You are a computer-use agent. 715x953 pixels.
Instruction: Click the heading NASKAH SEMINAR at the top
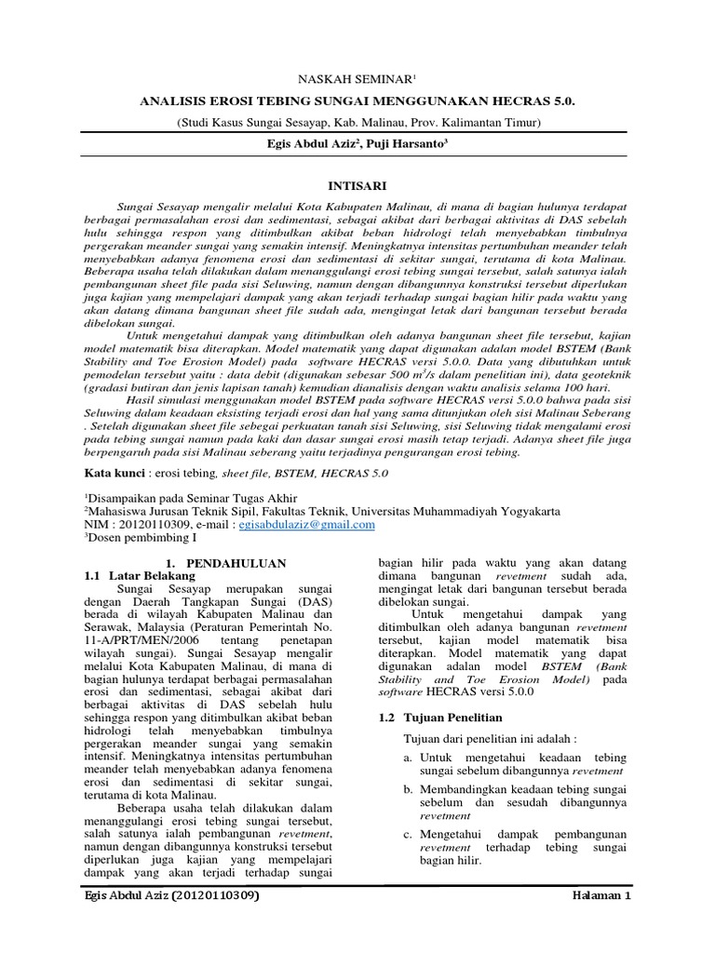tap(357, 82)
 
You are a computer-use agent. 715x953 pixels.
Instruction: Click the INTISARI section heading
tap(357, 185)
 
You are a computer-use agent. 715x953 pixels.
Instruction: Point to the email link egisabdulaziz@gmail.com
tap(306, 524)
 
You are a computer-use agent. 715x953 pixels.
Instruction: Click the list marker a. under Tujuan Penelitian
tap(408, 758)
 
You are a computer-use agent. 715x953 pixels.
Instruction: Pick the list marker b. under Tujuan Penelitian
tap(408, 789)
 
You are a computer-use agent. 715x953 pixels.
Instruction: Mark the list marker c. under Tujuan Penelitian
tap(408, 834)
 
